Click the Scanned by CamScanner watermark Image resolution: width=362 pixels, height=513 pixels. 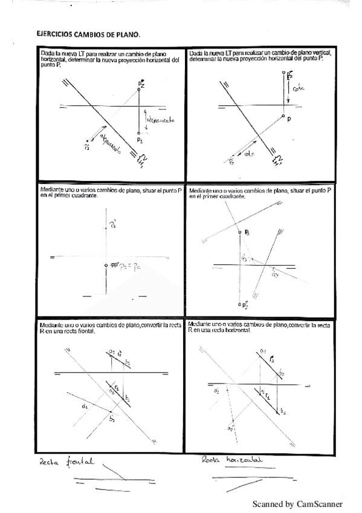(x=297, y=503)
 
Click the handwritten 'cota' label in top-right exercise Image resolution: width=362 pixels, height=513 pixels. (x=300, y=88)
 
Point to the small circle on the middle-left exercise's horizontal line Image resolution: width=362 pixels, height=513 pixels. (x=106, y=265)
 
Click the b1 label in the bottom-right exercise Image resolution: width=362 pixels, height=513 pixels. (x=283, y=412)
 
